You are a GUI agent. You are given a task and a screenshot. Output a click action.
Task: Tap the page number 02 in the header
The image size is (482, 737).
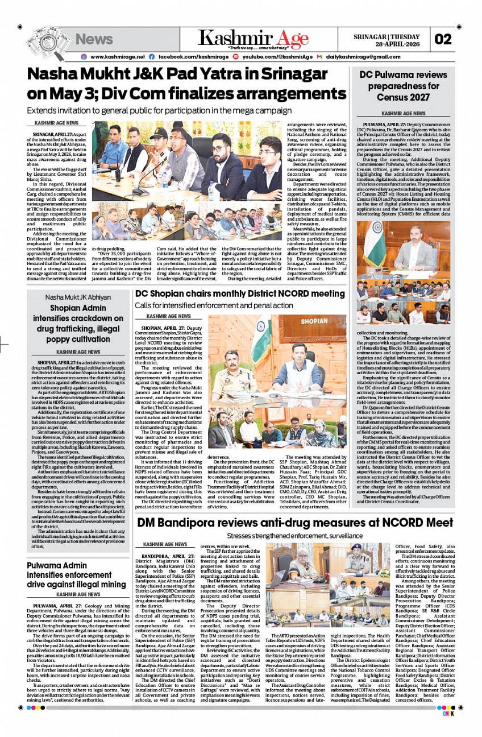443,39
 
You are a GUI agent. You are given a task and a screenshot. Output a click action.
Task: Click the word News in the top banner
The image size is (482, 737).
94,39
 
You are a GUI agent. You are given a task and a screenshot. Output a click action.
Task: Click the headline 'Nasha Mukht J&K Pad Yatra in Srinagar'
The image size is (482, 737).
177,74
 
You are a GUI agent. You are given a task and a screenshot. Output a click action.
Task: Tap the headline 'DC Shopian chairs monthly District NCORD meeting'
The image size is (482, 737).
240,293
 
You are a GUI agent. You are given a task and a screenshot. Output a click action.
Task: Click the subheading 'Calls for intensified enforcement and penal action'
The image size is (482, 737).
214,306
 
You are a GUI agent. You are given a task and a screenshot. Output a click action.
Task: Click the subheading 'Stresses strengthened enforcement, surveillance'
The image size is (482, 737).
294,536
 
